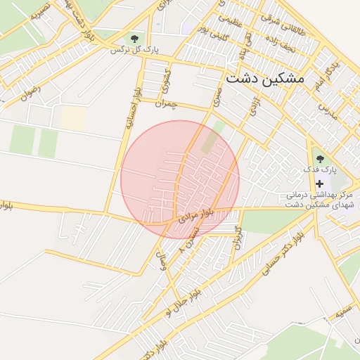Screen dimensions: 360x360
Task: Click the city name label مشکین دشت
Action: [x=264, y=79]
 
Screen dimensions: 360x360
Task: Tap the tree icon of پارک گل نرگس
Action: [x=134, y=38]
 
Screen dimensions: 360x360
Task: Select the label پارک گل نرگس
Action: [x=139, y=50]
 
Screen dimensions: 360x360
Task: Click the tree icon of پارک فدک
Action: [x=320, y=159]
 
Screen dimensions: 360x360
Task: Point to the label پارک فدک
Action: [x=320, y=170]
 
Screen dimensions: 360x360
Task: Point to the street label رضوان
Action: [x=31, y=93]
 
